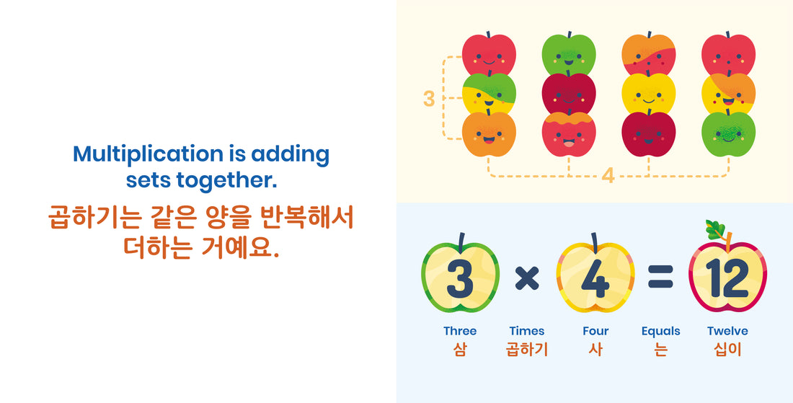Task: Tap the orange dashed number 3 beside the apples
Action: pyautogui.click(x=429, y=98)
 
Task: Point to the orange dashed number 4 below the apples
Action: pyautogui.click(x=608, y=175)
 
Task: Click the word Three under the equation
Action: pyautogui.click(x=460, y=331)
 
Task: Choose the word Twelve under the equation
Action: pyautogui.click(x=727, y=331)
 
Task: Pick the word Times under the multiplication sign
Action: pyautogui.click(x=527, y=331)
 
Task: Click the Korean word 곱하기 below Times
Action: pyautogui.click(x=527, y=350)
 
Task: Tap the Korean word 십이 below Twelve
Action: pyautogui.click(x=727, y=350)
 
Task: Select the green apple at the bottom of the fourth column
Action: pyautogui.click(x=728, y=133)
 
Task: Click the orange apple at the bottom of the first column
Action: pyautogui.click(x=489, y=133)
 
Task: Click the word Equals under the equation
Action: pyautogui.click(x=660, y=331)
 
